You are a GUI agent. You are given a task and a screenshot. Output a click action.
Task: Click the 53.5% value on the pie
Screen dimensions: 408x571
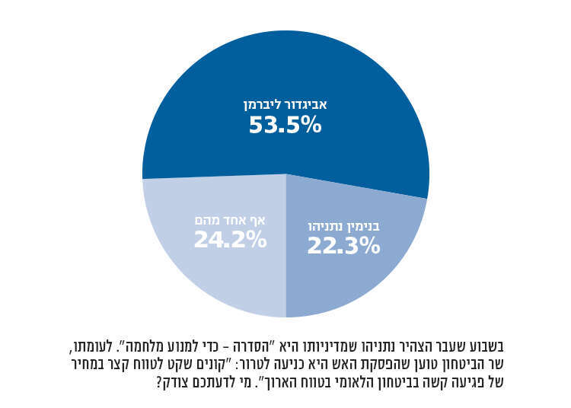(x=285, y=125)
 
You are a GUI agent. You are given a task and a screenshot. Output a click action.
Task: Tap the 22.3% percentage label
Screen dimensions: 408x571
(x=343, y=246)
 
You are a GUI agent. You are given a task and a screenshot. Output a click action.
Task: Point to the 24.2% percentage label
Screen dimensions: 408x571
(x=230, y=240)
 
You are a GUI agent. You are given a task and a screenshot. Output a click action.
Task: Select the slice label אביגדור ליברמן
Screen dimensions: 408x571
(x=285, y=104)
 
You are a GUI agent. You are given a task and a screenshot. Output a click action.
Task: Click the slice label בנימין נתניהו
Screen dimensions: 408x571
(x=343, y=226)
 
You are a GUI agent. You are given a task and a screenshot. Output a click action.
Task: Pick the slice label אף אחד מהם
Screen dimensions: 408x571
(x=230, y=220)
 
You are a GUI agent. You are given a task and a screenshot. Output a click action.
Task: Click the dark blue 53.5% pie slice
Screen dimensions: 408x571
(x=285, y=69)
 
